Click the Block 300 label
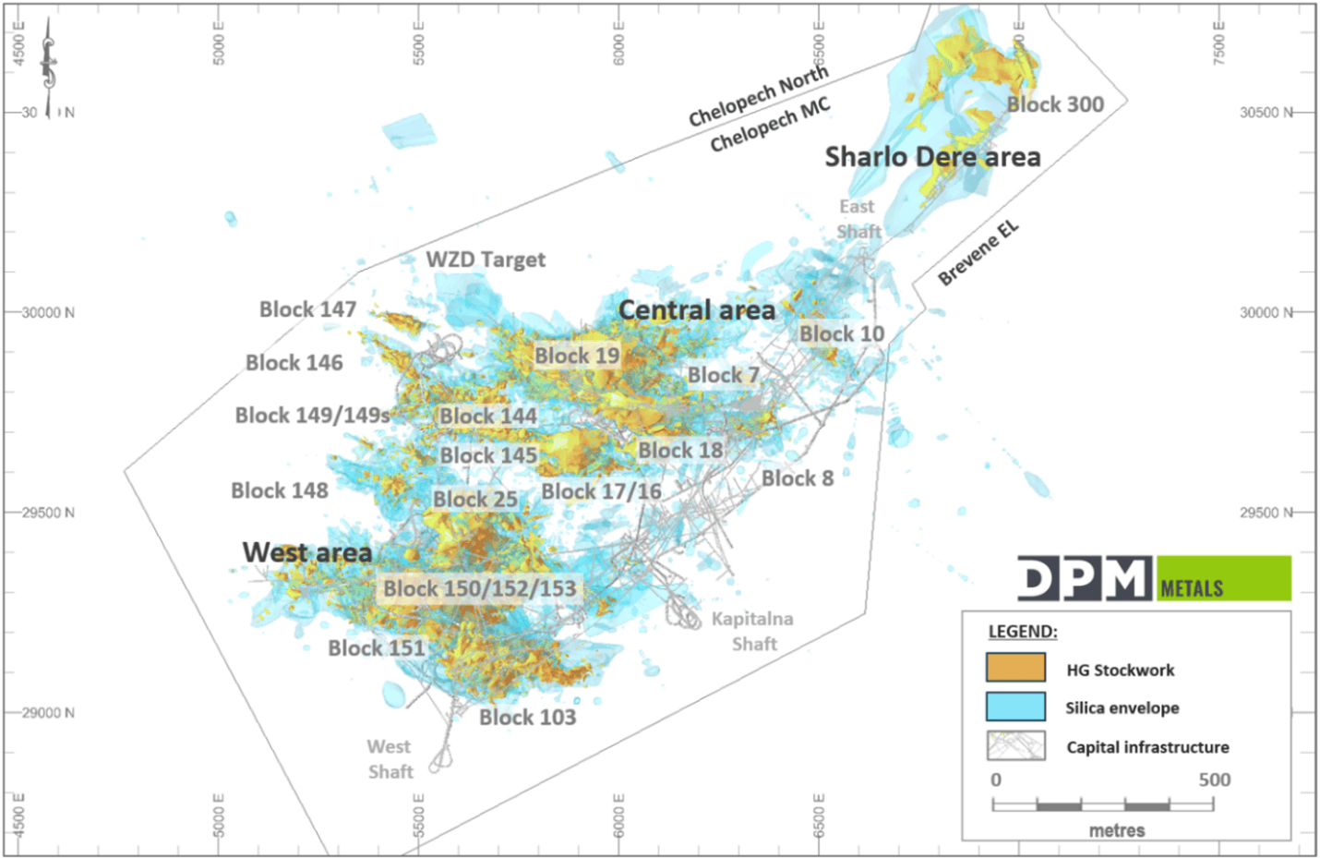pyautogui.click(x=1055, y=104)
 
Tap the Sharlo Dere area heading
pyautogui.click(x=932, y=157)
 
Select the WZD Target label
pyautogui.click(x=486, y=260)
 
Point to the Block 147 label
pyautogui.click(x=307, y=309)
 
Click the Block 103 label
pyautogui.click(x=527, y=718)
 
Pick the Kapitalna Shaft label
pyautogui.click(x=752, y=631)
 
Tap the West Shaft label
pyautogui.click(x=390, y=759)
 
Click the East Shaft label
pyautogui.click(x=858, y=219)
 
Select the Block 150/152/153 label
pyautogui.click(x=479, y=588)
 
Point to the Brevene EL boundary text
pyautogui.click(x=978, y=253)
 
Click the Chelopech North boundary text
pyautogui.click(x=759, y=95)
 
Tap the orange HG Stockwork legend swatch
pyautogui.click(x=1015, y=668)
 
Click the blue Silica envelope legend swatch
pyautogui.click(x=1015, y=707)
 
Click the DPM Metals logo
pyautogui.click(x=1154, y=579)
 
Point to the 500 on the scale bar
pyautogui.click(x=1214, y=779)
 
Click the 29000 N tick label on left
pyautogui.click(x=48, y=713)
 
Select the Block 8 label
pyautogui.click(x=798, y=478)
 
